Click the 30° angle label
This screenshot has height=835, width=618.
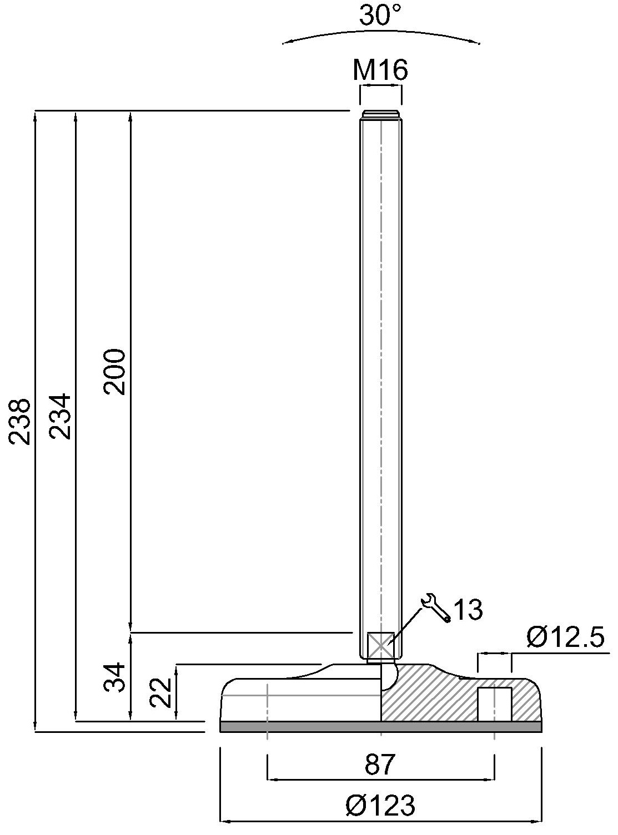[x=380, y=15]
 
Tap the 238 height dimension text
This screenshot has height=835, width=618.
[x=19, y=422]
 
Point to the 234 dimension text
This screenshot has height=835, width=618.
[x=61, y=416]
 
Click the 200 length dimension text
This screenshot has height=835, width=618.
[x=114, y=372]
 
